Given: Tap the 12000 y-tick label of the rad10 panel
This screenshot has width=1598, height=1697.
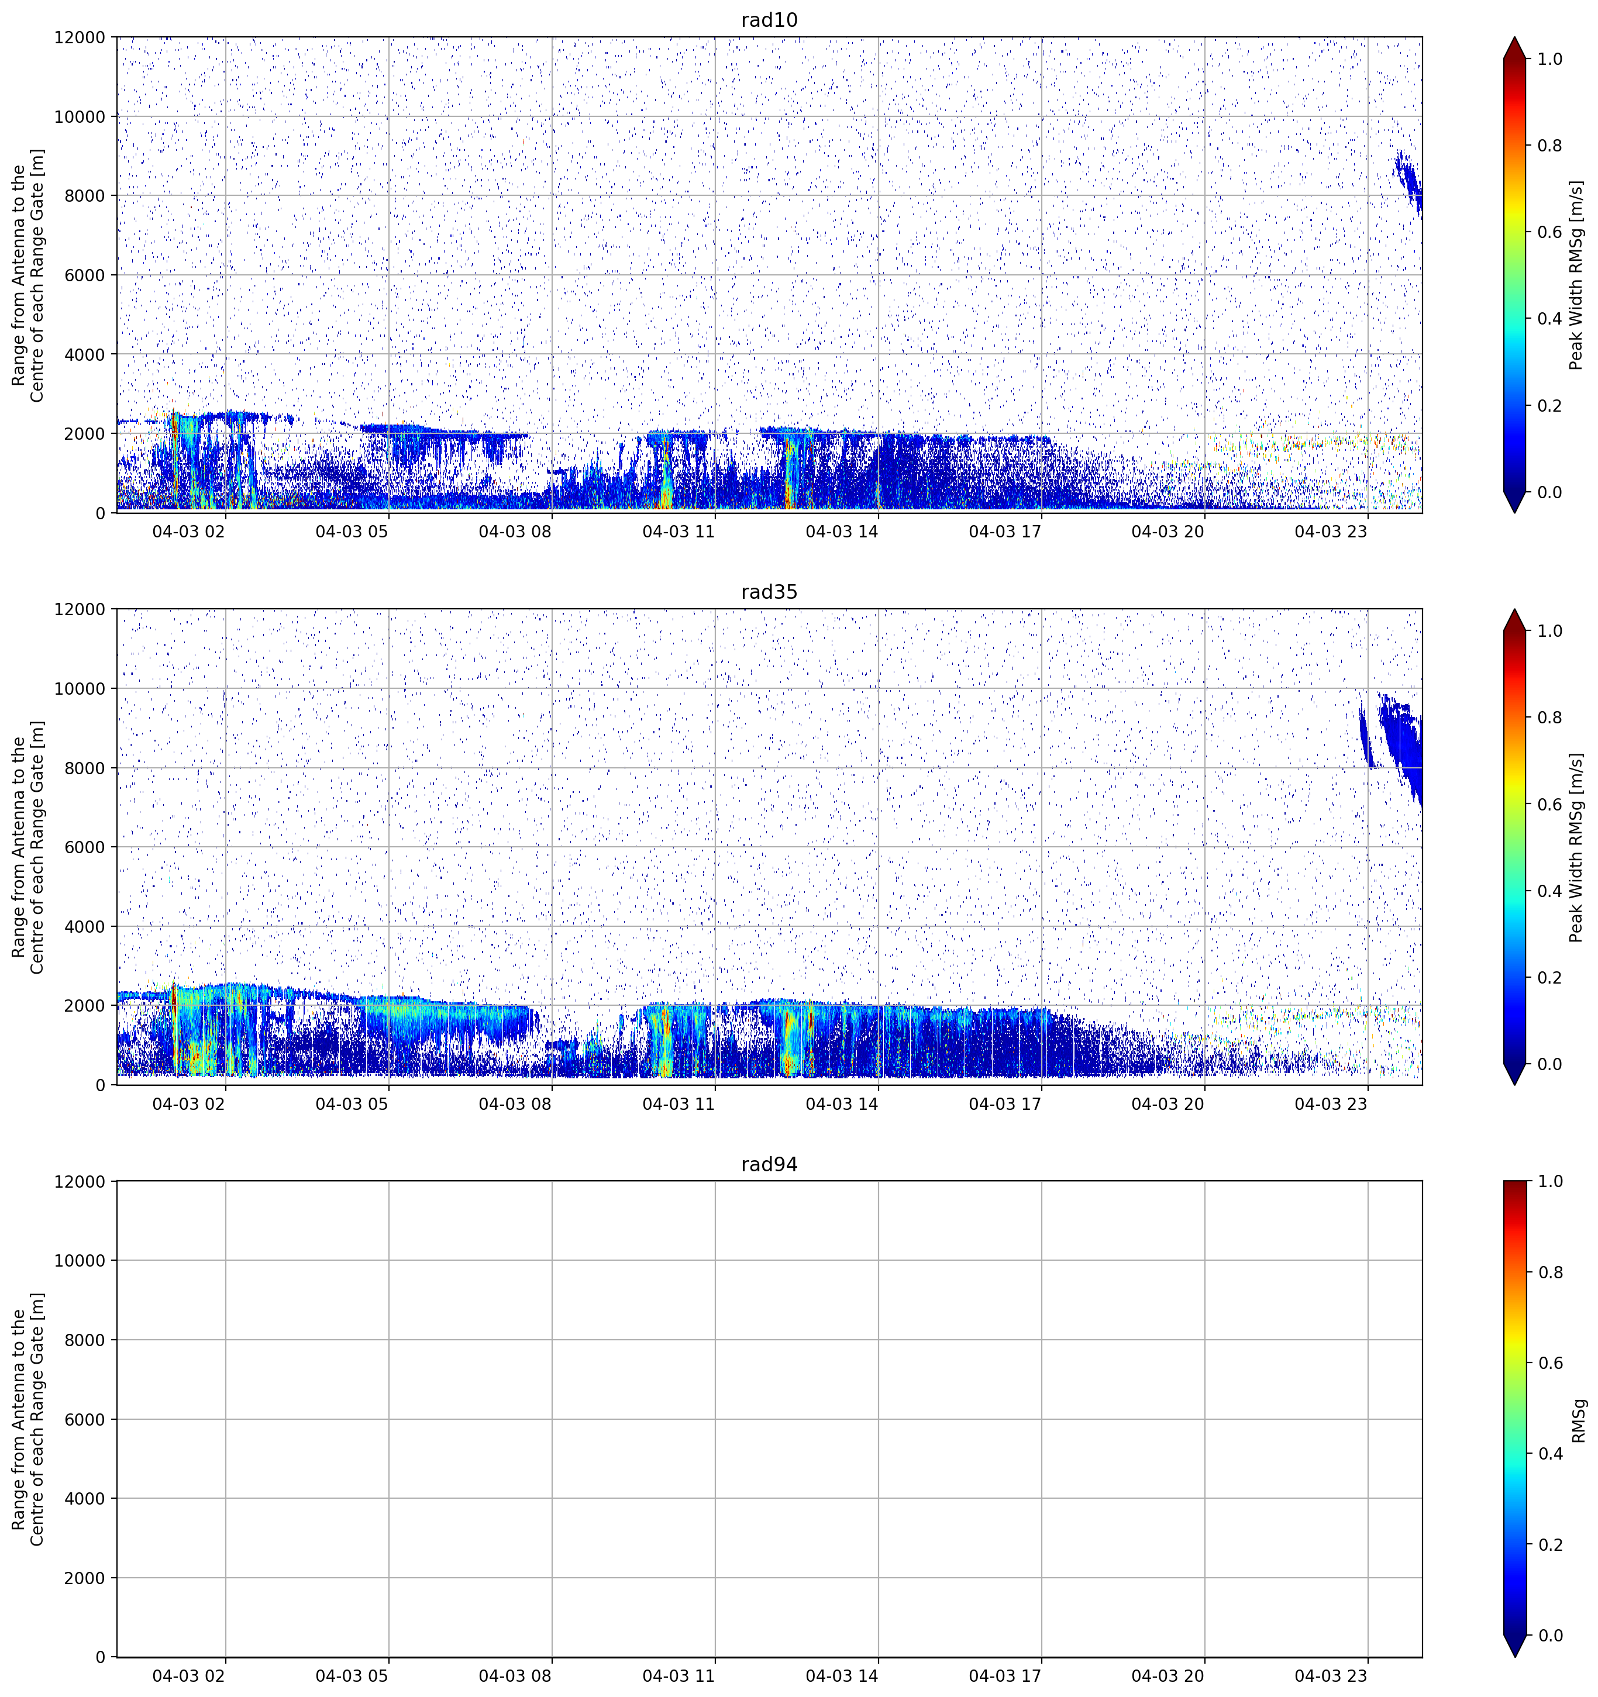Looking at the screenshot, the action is click(x=80, y=37).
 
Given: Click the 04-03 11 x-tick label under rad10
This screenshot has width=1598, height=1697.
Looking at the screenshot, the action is click(x=678, y=532).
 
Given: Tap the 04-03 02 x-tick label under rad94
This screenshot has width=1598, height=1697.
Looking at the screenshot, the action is click(x=189, y=1676).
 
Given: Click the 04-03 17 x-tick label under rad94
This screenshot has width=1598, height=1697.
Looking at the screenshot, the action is click(x=1005, y=1676).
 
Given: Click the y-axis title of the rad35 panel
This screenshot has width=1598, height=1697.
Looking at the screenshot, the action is click(x=27, y=847).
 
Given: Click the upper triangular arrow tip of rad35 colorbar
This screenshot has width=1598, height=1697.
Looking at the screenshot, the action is click(x=1514, y=611).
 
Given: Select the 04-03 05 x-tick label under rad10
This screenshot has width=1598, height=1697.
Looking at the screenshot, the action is click(x=352, y=532).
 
